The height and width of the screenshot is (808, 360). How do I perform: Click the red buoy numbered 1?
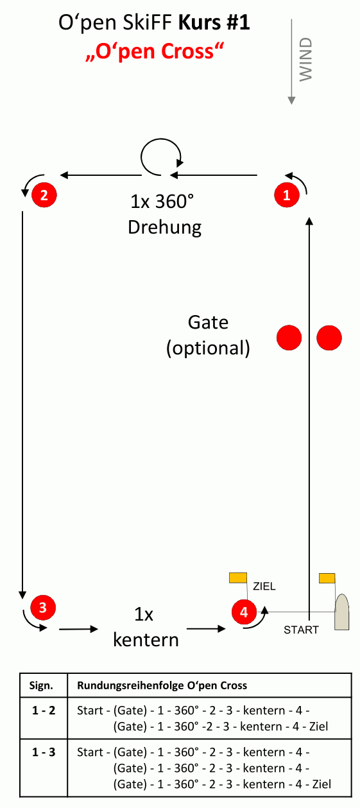287,195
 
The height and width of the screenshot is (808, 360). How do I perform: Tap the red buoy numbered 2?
44,195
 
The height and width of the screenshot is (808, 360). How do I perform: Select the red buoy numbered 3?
43,607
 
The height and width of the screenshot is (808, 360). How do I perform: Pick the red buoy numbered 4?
244,612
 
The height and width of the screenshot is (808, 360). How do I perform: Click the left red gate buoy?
289,338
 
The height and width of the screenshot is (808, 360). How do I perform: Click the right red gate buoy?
329,338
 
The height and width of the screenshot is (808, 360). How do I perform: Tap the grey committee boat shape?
341,612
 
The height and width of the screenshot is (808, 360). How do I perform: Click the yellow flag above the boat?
327,578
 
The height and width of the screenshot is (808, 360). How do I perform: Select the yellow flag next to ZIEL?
238,578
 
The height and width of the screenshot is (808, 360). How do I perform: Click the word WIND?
306,59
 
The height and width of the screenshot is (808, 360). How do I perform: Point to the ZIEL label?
264,586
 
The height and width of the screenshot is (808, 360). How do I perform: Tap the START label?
301,630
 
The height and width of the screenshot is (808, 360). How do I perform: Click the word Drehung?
164,228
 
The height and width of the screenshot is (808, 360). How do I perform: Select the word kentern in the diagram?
146,640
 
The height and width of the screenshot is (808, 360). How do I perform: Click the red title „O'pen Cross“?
155,51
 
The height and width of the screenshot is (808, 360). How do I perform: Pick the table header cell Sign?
41,685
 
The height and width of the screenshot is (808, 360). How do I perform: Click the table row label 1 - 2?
44,710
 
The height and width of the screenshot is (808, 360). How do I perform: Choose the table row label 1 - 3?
44,752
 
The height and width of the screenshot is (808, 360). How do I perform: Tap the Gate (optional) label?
208,335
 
